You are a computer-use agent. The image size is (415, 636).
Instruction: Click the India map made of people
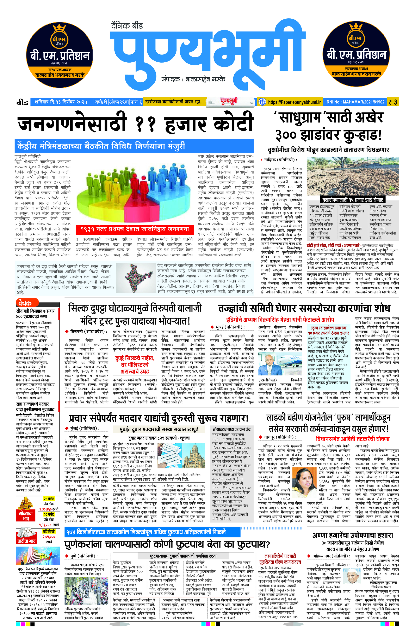coord(136,278)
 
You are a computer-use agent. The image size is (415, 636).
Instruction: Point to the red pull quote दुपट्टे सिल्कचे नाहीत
coord(135,365)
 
